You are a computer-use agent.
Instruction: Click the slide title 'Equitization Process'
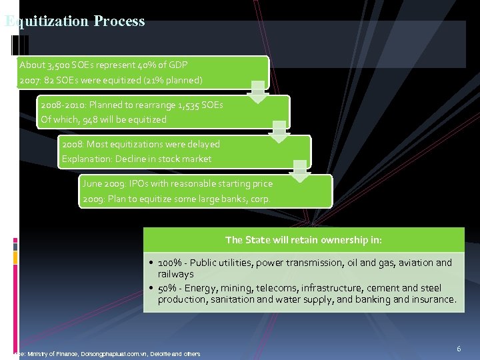75,21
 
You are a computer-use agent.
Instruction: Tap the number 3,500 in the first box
58,65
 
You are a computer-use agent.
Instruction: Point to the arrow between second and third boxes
279,131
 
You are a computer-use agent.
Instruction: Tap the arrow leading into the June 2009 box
301,171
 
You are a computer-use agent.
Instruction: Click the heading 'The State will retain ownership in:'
303,240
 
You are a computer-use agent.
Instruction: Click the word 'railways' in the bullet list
175,274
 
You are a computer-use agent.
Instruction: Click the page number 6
459,349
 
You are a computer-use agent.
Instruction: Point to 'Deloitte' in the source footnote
165,353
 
